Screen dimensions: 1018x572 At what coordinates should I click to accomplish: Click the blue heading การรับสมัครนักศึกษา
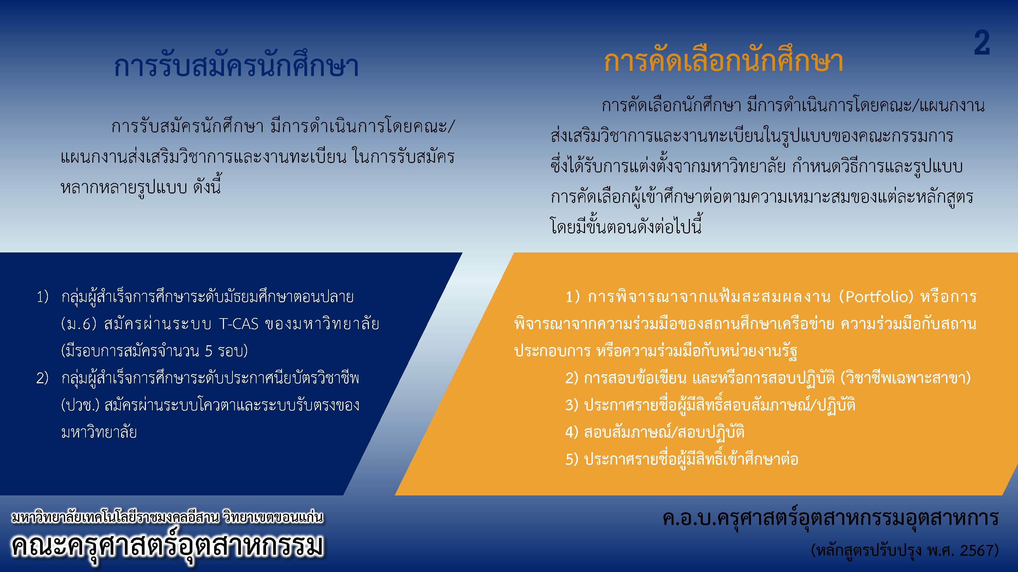coord(236,65)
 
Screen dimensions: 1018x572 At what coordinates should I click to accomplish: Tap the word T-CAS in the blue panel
coord(239,324)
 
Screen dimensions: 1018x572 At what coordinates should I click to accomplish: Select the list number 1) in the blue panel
coord(43,297)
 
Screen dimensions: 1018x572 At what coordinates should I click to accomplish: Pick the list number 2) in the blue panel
coord(42,378)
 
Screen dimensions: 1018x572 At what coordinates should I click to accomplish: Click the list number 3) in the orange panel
coord(572,405)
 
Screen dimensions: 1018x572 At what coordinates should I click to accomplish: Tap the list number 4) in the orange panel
coord(572,432)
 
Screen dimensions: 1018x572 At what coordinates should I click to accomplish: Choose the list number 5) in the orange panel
coord(572,459)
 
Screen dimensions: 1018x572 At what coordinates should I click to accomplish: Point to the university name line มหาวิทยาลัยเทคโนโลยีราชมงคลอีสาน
coord(115,517)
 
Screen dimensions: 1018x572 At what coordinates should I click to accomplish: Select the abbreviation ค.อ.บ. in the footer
coord(689,518)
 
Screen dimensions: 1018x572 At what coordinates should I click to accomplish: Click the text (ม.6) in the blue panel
coord(79,324)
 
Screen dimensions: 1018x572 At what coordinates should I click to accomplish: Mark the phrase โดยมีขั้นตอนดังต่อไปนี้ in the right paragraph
coord(626,226)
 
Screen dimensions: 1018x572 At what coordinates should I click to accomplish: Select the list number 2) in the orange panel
coord(572,378)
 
